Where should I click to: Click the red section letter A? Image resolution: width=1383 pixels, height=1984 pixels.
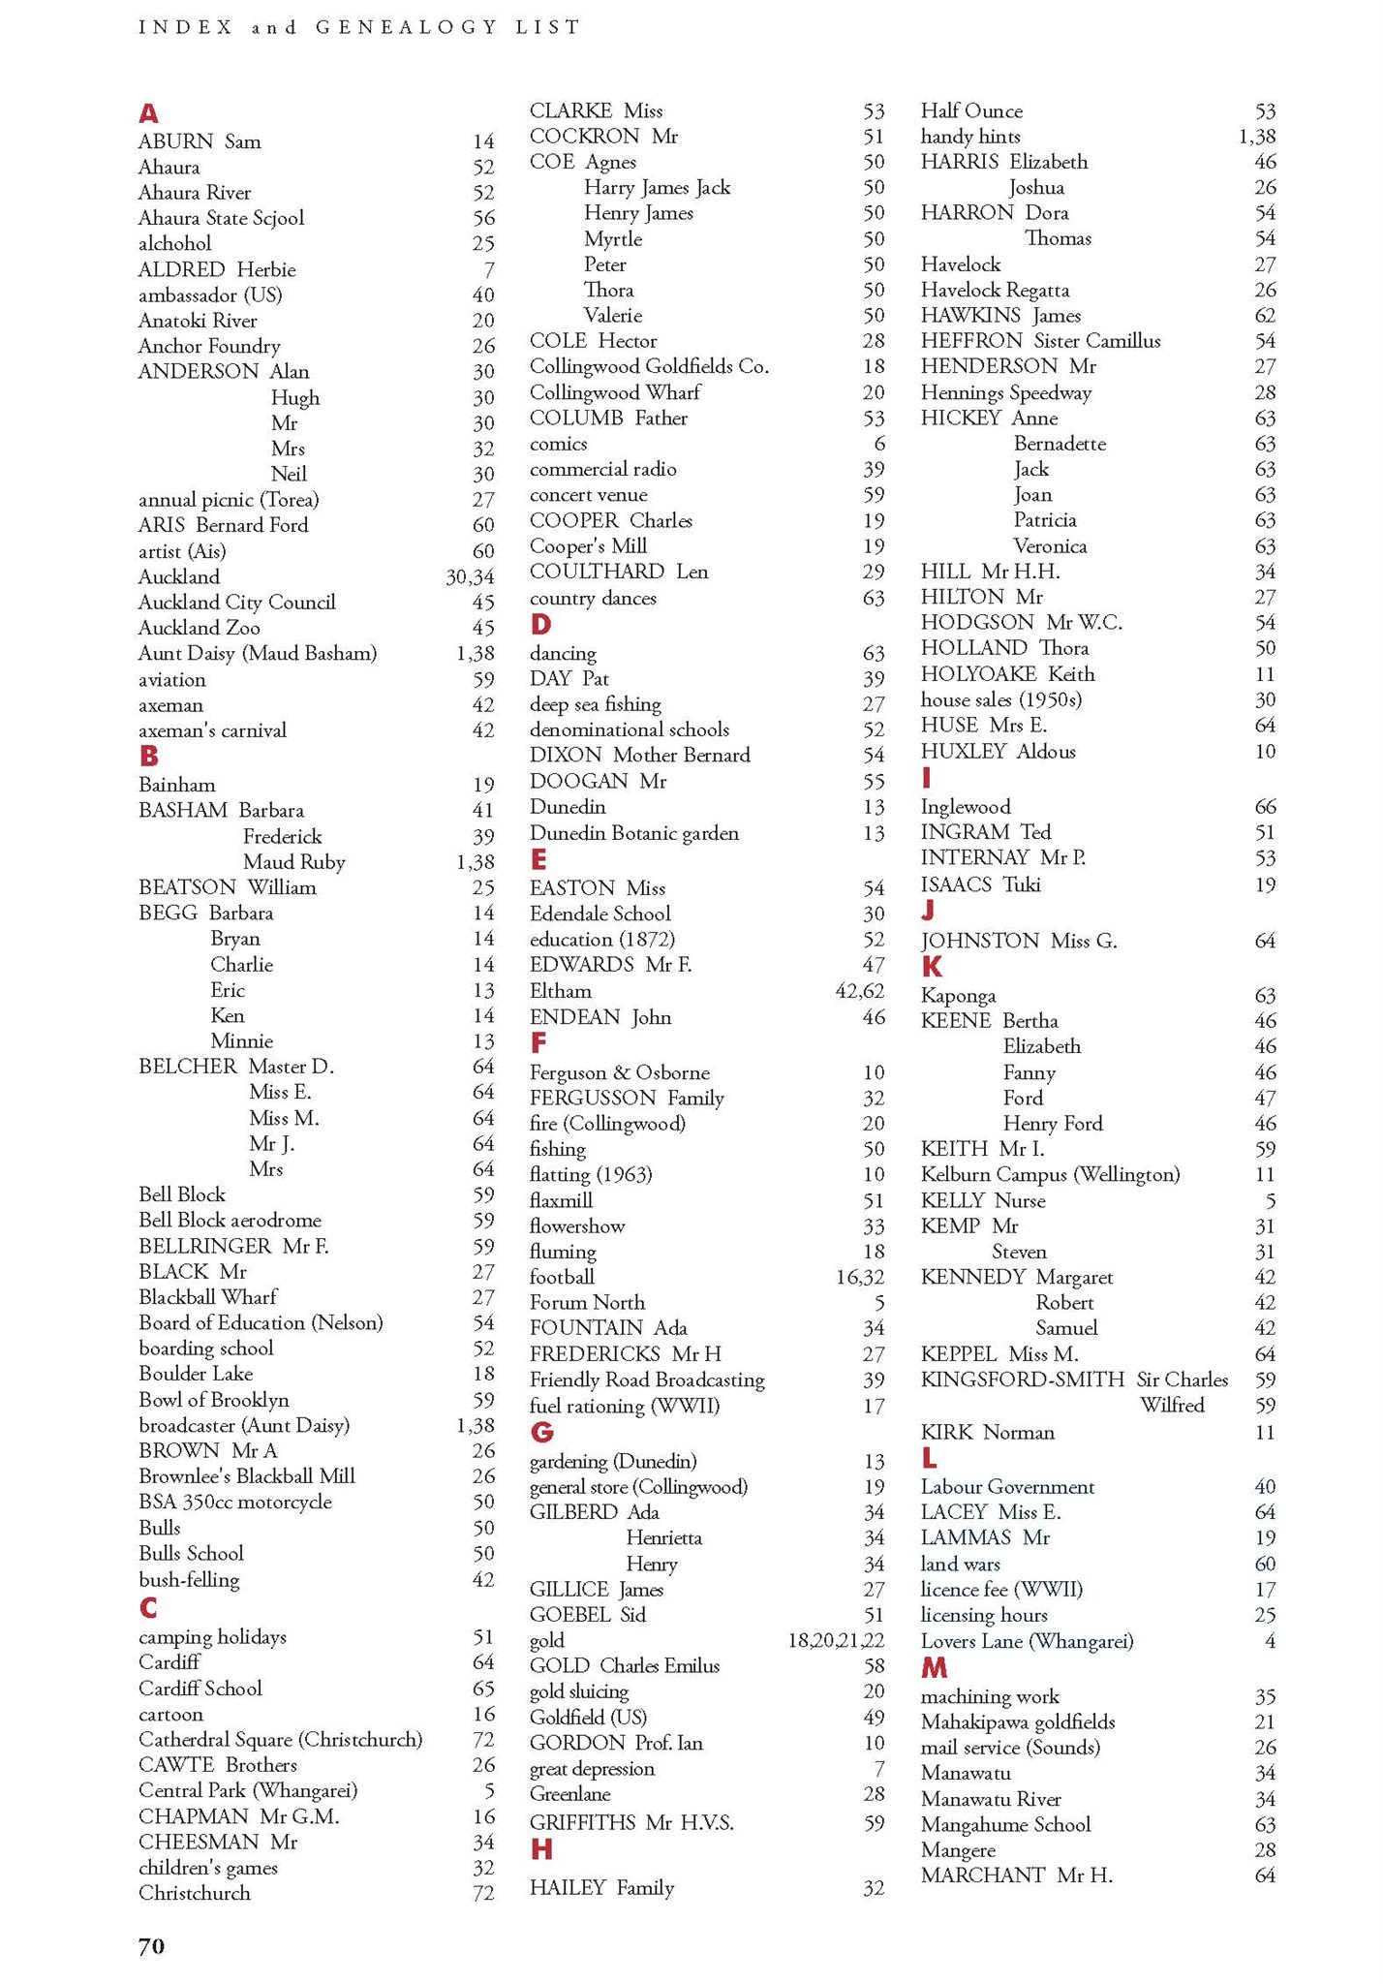(148, 113)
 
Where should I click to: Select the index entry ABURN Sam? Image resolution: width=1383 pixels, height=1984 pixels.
(200, 141)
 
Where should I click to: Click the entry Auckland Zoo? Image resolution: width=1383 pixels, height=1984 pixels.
(199, 628)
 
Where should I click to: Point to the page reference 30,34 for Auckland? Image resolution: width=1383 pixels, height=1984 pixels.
(470, 577)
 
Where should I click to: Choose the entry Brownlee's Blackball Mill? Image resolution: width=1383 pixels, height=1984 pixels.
(246, 1476)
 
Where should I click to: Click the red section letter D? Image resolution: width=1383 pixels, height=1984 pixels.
(540, 625)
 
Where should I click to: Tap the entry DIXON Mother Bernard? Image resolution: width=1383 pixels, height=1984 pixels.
(639, 756)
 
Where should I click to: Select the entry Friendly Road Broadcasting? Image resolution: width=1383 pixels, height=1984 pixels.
(647, 1380)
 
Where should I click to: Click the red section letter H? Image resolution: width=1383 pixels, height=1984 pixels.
(541, 1850)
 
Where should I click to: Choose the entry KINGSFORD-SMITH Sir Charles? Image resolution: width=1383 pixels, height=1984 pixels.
(1074, 1380)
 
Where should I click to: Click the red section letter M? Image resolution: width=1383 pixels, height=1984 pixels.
(934, 1668)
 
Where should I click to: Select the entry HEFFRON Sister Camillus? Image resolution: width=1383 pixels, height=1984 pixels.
(1040, 341)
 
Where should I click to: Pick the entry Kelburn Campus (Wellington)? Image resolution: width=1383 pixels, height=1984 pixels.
(1050, 1175)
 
